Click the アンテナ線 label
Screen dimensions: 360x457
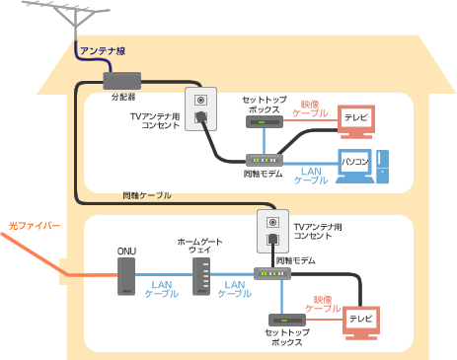click(x=102, y=50)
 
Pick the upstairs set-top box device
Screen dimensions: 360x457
click(x=262, y=122)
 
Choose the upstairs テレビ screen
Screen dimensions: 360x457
click(x=353, y=119)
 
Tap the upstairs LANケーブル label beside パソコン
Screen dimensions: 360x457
click(x=311, y=176)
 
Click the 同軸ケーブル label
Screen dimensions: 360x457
click(x=147, y=195)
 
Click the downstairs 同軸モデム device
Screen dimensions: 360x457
click(x=271, y=273)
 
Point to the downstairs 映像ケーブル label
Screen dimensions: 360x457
click(x=322, y=303)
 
